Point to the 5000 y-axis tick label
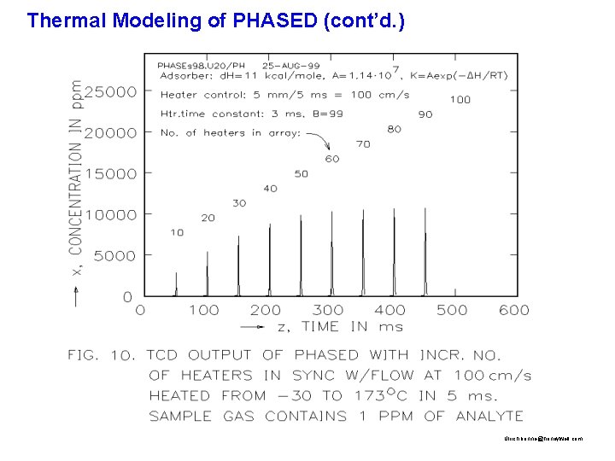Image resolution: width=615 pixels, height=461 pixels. (x=114, y=255)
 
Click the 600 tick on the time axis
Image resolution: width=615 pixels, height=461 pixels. (x=513, y=310)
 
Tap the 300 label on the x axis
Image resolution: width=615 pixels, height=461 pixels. (x=327, y=310)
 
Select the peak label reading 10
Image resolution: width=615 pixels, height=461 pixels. (x=177, y=232)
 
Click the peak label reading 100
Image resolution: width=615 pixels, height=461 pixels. (x=460, y=99)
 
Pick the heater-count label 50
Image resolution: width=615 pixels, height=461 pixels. (x=301, y=173)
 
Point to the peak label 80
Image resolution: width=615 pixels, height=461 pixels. (x=394, y=129)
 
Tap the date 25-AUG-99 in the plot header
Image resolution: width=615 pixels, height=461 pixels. (x=290, y=65)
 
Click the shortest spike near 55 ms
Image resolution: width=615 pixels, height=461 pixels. (x=176, y=283)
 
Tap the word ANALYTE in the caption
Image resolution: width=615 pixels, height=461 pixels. (x=488, y=417)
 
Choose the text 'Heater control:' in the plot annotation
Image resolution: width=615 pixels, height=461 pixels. (x=190, y=95)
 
